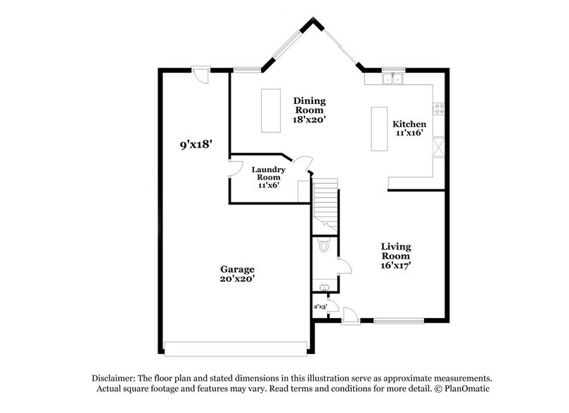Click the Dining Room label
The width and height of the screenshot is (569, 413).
click(x=308, y=105)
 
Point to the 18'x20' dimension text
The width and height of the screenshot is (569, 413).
click(x=308, y=119)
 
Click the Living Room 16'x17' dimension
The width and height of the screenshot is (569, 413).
click(x=396, y=265)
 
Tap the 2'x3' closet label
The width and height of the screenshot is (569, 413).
click(x=320, y=306)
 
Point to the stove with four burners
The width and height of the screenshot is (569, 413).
click(x=438, y=109)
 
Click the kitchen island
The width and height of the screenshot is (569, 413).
click(x=380, y=129)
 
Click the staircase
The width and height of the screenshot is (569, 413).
click(x=325, y=204)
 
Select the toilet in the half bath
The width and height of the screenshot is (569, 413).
click(x=323, y=246)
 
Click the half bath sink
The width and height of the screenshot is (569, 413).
click(x=324, y=287)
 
